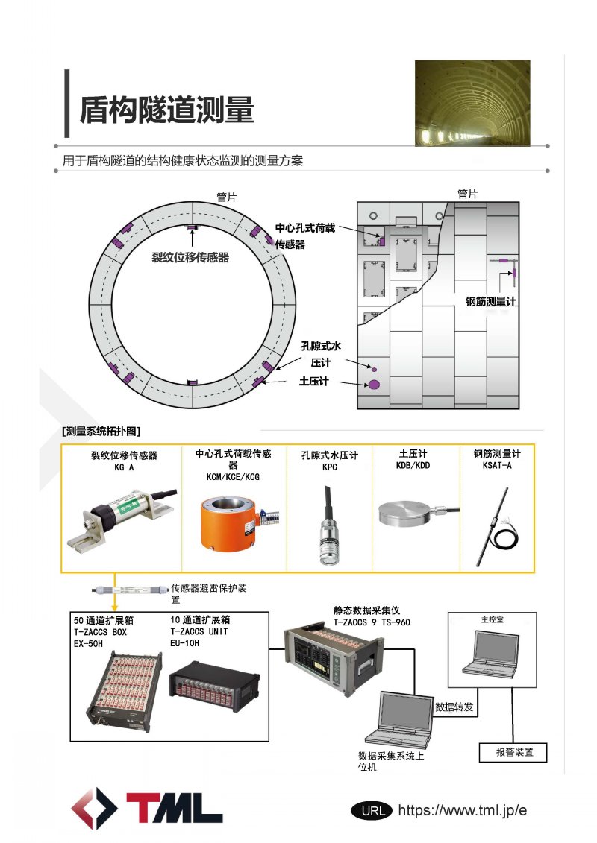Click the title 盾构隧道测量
pyautogui.click(x=166, y=109)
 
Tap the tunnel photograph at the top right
pyautogui.click(x=472, y=102)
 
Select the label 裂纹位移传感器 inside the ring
pyautogui.click(x=190, y=258)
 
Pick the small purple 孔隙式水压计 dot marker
pyautogui.click(x=375, y=369)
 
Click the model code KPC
pyautogui.click(x=329, y=466)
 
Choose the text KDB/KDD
pyautogui.click(x=413, y=464)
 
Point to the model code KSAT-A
pyautogui.click(x=497, y=464)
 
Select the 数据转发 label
pyautogui.click(x=454, y=707)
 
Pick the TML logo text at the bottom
pyautogui.click(x=175, y=808)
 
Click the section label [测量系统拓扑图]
pyautogui.click(x=101, y=431)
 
